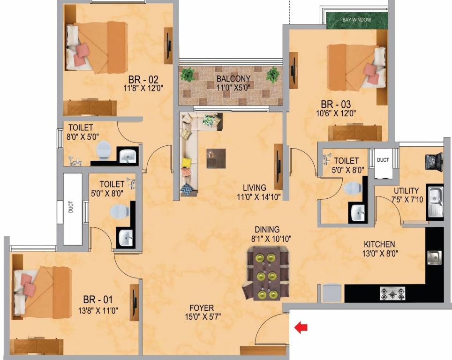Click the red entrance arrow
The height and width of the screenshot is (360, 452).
[301, 328]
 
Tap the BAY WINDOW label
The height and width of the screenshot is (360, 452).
[357, 20]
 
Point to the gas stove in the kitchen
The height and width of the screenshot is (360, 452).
[392, 293]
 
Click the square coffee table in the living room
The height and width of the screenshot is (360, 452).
[216, 158]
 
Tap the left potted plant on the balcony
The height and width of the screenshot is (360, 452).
[188, 75]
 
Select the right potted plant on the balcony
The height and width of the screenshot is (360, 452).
[272, 74]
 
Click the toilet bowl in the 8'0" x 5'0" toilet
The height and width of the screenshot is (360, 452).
[103, 150]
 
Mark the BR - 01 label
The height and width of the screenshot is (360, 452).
[98, 299]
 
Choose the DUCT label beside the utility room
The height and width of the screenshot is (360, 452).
[383, 160]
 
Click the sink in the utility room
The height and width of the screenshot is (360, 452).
[434, 202]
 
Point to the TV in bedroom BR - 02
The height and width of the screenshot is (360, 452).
[168, 45]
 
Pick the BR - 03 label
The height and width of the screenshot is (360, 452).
[336, 104]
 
